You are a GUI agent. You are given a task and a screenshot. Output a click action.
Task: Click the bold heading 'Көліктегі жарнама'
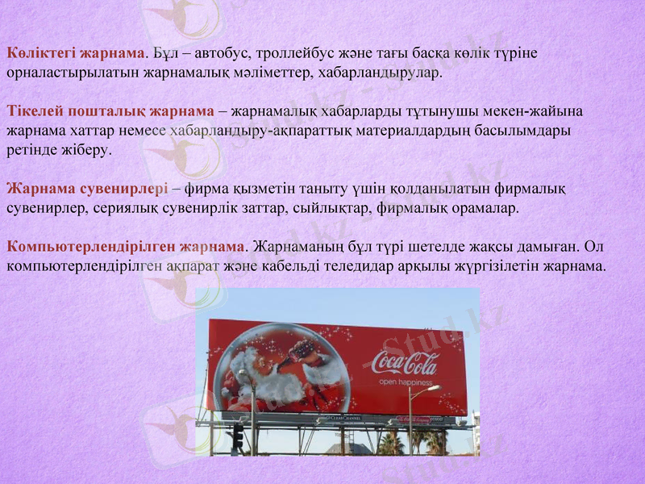(77, 53)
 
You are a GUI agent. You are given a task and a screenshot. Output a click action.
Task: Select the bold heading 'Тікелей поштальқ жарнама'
(110, 111)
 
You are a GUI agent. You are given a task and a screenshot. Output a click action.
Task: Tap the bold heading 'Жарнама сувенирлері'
(87, 189)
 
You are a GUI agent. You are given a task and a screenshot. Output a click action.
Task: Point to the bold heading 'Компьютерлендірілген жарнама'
(125, 245)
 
